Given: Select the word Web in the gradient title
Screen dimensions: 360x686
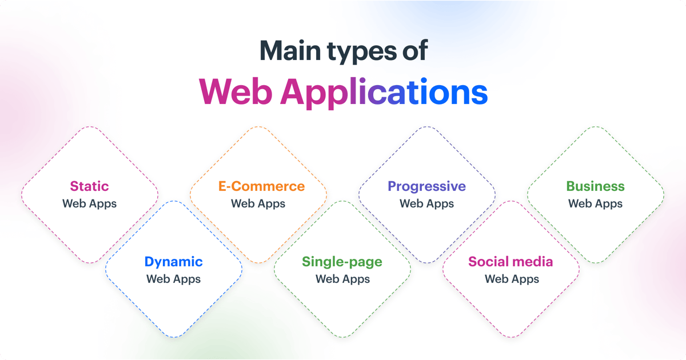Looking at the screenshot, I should point(236,91).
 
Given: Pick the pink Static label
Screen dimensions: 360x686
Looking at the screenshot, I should point(89,186).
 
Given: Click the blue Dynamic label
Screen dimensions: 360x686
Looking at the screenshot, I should point(173,262).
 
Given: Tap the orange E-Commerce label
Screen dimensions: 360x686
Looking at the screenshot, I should point(261,186).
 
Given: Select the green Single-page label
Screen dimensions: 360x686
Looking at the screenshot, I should point(342,262).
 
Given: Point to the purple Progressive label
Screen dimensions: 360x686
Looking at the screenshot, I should point(426,186).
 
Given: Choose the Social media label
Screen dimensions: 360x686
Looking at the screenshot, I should point(510,262).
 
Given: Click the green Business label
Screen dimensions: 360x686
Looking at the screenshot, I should point(595,186).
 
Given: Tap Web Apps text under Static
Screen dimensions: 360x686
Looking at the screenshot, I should point(89,203).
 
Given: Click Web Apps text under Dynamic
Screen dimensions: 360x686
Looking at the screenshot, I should point(173,279).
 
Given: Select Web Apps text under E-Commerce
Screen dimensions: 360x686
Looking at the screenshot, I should point(258,203).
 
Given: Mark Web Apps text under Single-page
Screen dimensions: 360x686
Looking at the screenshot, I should point(342,279).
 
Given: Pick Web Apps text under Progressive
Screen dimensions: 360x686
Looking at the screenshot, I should point(426,203).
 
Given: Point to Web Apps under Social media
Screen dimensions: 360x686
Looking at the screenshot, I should point(512,279).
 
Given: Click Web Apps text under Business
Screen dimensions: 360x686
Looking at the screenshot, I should point(595,203).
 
